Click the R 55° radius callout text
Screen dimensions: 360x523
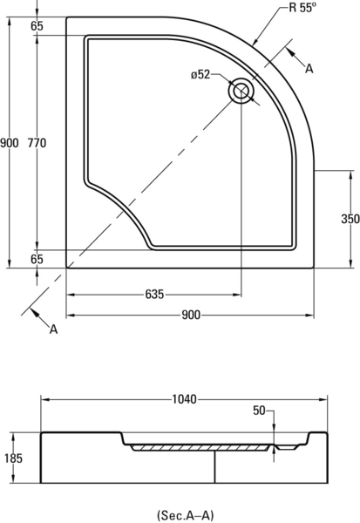pos(302,7)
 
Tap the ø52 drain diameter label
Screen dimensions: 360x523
pos(200,75)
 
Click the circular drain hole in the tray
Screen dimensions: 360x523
pos(241,91)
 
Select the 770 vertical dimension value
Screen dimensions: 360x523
pos(37,143)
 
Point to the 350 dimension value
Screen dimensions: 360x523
pos(350,219)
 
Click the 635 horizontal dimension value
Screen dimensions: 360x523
pos(154,295)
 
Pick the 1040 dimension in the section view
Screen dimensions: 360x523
pos(184,399)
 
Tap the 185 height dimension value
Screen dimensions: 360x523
pos(13,458)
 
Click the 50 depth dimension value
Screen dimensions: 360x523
pos(259,411)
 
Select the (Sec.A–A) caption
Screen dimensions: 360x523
pos(185,515)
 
